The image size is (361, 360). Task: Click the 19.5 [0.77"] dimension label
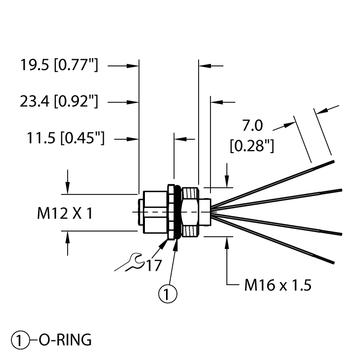coord(58,66)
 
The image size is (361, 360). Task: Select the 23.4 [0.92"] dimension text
coord(58,102)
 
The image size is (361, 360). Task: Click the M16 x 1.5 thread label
coord(277,285)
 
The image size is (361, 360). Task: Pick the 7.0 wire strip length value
coord(253,125)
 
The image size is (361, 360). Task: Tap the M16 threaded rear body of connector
coord(192,211)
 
